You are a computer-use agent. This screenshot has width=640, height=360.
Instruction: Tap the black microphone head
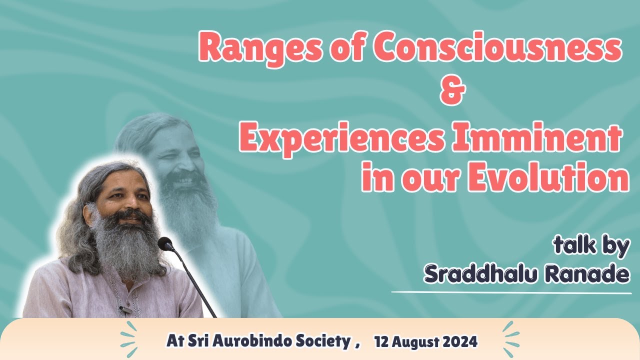pyautogui.click(x=165, y=244)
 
